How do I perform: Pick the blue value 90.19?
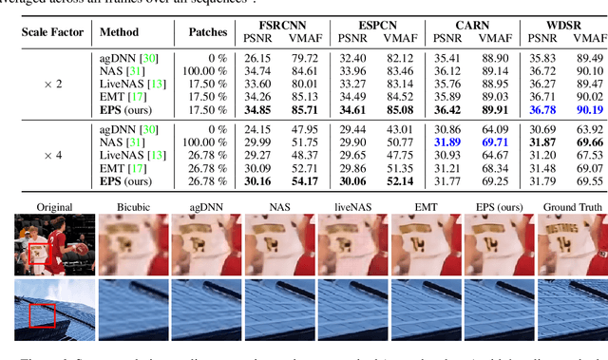(589, 109)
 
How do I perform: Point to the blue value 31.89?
(447, 142)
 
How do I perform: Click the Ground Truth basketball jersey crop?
(571, 245)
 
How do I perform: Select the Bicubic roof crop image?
(127, 308)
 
